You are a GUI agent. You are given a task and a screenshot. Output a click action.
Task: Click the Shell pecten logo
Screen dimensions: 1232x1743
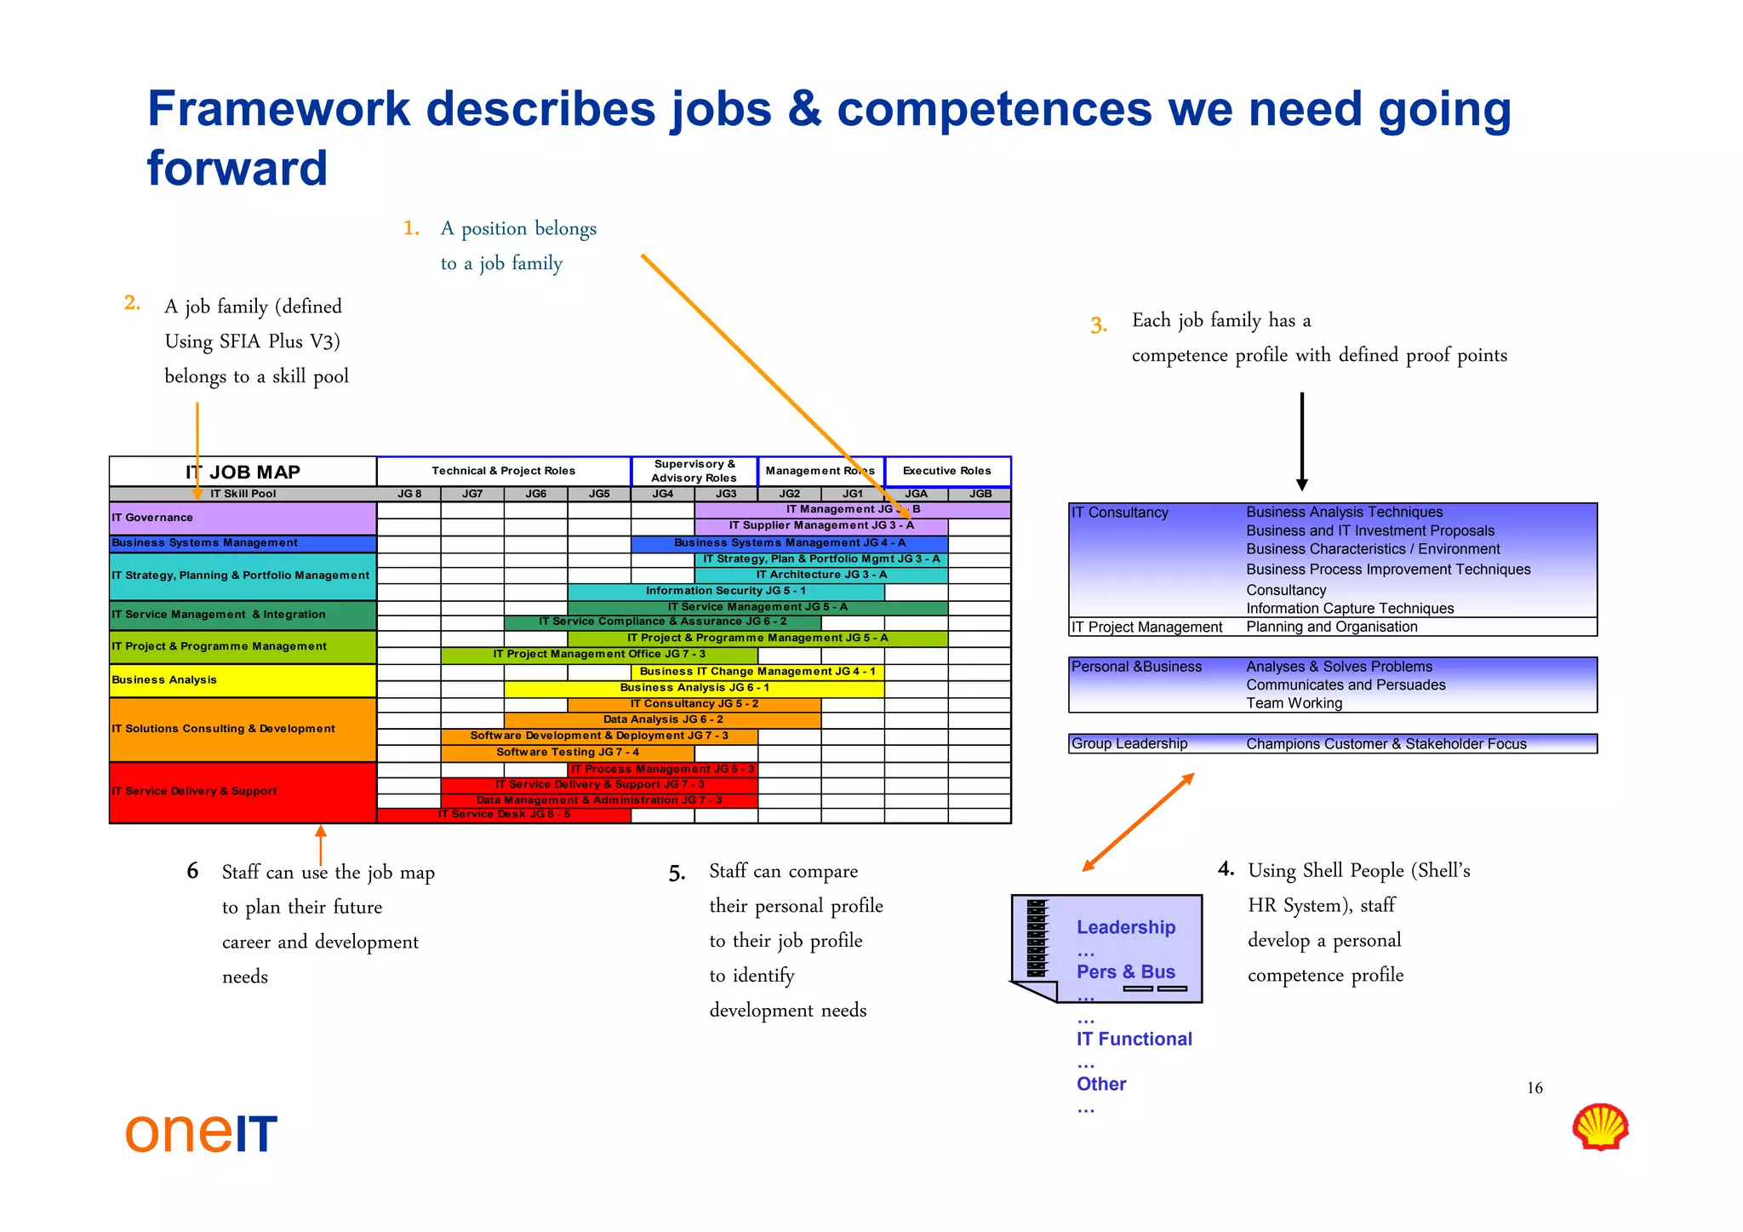(x=1600, y=1126)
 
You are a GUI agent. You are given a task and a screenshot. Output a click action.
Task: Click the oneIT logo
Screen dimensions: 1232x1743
(x=201, y=1133)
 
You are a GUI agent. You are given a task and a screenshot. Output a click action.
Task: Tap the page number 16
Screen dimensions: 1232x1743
(x=1534, y=1088)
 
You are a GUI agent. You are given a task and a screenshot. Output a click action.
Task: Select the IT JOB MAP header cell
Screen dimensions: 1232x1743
(x=243, y=472)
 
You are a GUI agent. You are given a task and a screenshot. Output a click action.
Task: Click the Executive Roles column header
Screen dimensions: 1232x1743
(x=947, y=471)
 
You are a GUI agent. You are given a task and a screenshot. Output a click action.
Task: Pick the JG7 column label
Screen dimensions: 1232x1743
(x=472, y=494)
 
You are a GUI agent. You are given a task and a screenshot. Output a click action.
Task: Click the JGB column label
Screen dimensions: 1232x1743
(x=980, y=494)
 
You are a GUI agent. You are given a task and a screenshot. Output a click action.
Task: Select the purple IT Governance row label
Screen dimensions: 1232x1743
(x=243, y=518)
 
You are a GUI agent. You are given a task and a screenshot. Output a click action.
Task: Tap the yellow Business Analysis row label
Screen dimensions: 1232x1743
(x=243, y=680)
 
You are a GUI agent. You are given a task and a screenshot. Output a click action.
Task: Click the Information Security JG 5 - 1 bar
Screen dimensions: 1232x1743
(x=725, y=591)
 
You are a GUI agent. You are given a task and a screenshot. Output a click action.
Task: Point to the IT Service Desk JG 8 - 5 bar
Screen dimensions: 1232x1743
(x=504, y=815)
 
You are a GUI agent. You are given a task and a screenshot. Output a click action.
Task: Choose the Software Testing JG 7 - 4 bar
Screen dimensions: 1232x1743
(x=568, y=753)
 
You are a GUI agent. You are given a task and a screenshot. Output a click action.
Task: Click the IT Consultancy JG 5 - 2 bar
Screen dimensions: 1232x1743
(x=694, y=704)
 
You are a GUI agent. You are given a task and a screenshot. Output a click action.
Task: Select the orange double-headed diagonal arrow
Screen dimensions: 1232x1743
(x=1138, y=822)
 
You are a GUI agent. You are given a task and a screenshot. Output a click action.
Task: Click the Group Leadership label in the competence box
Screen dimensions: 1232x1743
(x=1129, y=743)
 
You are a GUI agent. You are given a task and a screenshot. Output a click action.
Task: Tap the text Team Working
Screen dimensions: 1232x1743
(x=1294, y=703)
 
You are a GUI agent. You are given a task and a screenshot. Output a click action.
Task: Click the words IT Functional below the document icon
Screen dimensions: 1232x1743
(x=1134, y=1039)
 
